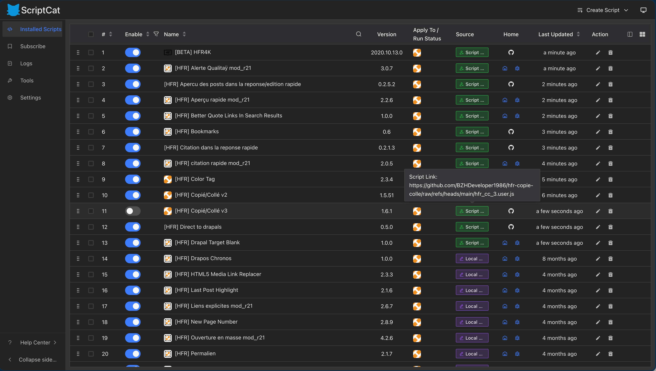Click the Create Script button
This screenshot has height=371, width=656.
tap(603, 10)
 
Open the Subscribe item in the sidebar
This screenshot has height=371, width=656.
tap(33, 46)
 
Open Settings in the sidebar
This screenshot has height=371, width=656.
tap(30, 98)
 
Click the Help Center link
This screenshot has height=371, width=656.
tap(35, 342)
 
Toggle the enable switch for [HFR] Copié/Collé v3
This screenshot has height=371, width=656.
tap(133, 211)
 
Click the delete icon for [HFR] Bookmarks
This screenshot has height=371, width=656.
tap(610, 132)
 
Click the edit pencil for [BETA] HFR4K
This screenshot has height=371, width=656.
tap(598, 53)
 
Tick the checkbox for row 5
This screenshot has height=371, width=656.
tap(91, 116)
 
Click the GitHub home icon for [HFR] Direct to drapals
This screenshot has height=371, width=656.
tap(511, 227)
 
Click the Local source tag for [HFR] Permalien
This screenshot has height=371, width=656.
tap(472, 354)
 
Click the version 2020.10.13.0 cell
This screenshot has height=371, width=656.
tap(387, 53)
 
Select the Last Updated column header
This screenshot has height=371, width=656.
tap(555, 34)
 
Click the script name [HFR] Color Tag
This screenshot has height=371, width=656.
tap(195, 179)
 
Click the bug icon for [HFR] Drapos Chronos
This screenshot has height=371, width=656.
tap(517, 259)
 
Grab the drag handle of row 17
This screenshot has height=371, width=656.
tap(78, 306)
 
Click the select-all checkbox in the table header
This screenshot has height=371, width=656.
tap(91, 34)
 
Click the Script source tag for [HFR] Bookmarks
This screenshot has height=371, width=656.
tap(472, 132)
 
